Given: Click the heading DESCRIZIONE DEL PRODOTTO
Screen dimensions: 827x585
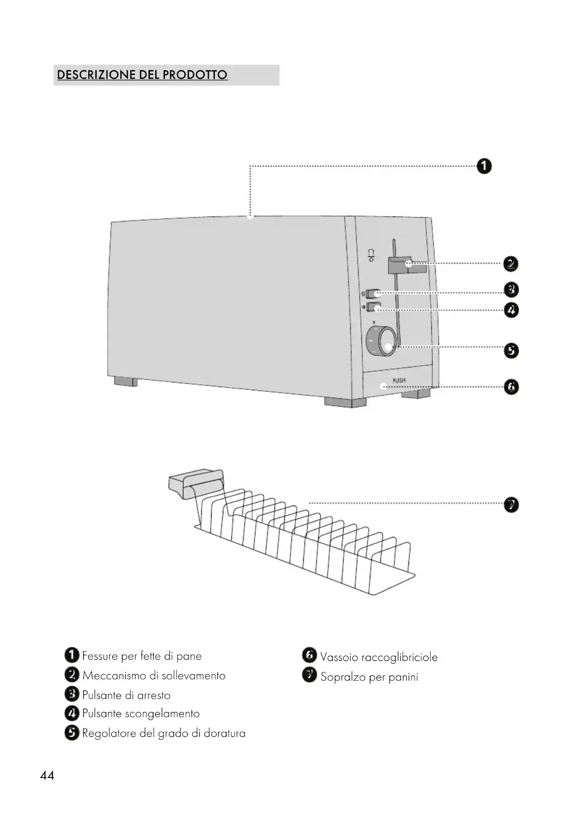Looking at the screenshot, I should pyautogui.click(x=142, y=75).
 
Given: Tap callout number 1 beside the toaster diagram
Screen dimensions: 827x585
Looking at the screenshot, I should pyautogui.click(x=484, y=166).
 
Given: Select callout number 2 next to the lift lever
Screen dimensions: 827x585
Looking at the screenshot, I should pyautogui.click(x=510, y=264).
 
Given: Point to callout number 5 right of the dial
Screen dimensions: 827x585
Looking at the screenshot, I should pyautogui.click(x=511, y=351).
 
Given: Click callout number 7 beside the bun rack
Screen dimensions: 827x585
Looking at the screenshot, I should pyautogui.click(x=511, y=505).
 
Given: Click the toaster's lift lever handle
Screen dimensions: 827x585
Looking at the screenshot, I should pyautogui.click(x=406, y=265).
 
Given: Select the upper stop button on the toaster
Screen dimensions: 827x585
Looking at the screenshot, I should pyautogui.click(x=373, y=294).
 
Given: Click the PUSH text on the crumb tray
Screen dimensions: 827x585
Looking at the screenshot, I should pyautogui.click(x=399, y=380).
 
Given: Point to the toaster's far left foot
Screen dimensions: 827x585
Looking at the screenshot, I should pyautogui.click(x=126, y=381).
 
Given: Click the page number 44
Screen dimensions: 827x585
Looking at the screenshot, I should pyautogui.click(x=47, y=776).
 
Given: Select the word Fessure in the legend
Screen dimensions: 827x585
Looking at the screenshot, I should pyautogui.click(x=99, y=656).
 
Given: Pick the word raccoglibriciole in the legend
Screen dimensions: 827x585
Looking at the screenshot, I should pyautogui.click(x=399, y=657).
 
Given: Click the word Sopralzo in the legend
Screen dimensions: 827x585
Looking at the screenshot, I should pyautogui.click(x=343, y=677).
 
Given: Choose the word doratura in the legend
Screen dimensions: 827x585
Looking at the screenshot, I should pyautogui.click(x=224, y=733).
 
